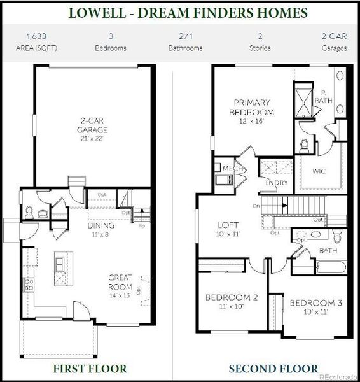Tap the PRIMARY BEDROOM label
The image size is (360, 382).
(x=251, y=107)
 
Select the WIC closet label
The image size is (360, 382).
(x=319, y=171)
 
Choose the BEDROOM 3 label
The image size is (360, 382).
(x=315, y=303)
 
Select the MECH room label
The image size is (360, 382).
(x=226, y=168)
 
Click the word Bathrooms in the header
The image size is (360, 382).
(x=185, y=48)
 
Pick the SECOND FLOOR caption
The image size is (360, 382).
(x=273, y=368)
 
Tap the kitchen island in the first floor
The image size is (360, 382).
(x=62, y=271)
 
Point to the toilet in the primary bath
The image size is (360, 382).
(x=303, y=145)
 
